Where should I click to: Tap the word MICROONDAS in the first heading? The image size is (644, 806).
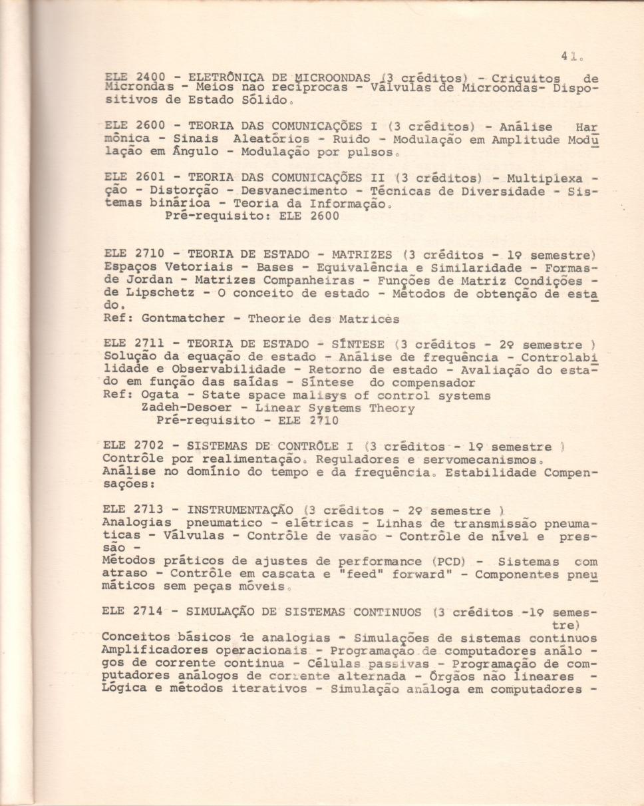(332, 76)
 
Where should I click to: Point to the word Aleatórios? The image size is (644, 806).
(271, 139)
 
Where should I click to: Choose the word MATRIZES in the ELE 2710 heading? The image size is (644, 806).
(362, 254)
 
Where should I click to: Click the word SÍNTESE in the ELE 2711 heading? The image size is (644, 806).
(358, 344)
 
